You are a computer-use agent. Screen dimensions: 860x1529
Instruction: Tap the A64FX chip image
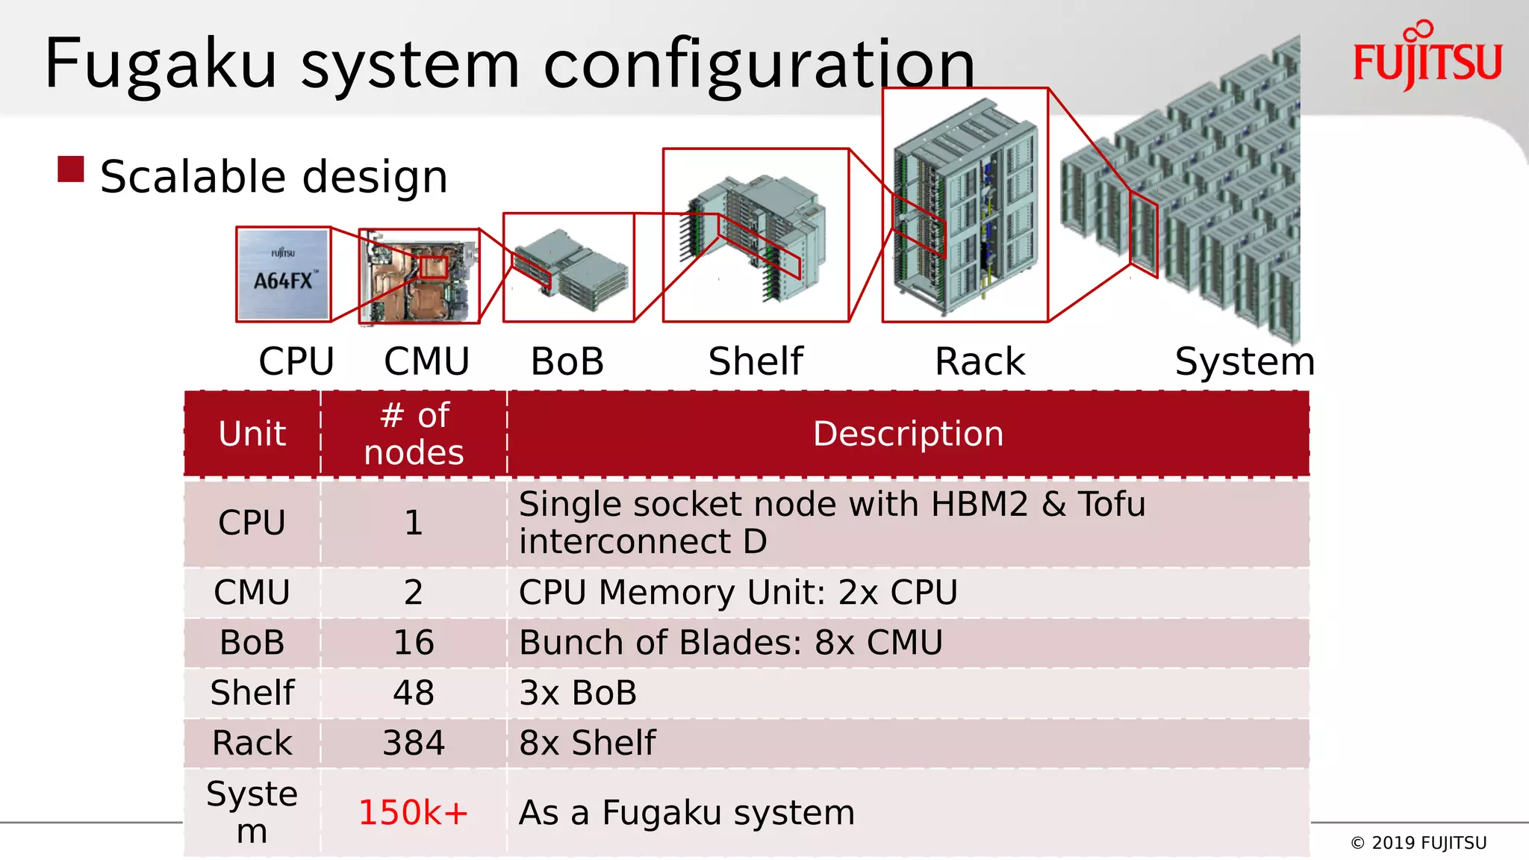click(x=284, y=274)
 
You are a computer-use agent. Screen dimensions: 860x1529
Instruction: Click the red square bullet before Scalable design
click(x=71, y=169)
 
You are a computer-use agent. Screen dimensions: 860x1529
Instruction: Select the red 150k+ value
click(x=413, y=812)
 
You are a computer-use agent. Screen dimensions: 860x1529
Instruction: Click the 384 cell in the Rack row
click(x=414, y=743)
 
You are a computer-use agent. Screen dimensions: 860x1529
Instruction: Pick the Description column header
click(x=908, y=434)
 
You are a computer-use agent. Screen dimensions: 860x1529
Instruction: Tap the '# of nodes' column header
click(x=414, y=434)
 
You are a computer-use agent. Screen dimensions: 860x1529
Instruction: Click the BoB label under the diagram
click(x=567, y=361)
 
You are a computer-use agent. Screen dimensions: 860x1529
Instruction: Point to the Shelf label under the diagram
click(x=755, y=361)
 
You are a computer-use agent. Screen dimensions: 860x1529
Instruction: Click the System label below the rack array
click(x=1244, y=361)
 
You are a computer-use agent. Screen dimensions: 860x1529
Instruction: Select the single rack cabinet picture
click(x=965, y=205)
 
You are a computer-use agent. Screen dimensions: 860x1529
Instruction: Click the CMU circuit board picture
click(x=419, y=276)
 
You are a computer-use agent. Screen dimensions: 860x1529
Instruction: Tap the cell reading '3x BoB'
click(x=578, y=693)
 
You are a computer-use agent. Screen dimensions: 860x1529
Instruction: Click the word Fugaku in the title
click(x=161, y=64)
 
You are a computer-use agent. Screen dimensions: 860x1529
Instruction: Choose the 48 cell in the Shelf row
click(x=414, y=693)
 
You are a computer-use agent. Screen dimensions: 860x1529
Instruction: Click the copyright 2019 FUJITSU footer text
click(x=1419, y=843)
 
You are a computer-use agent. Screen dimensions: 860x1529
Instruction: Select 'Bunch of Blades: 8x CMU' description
click(x=731, y=643)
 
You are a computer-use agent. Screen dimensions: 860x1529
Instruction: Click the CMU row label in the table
click(x=252, y=593)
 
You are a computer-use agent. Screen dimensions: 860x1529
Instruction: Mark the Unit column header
click(x=252, y=434)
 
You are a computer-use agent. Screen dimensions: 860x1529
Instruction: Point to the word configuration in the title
click(x=759, y=66)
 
